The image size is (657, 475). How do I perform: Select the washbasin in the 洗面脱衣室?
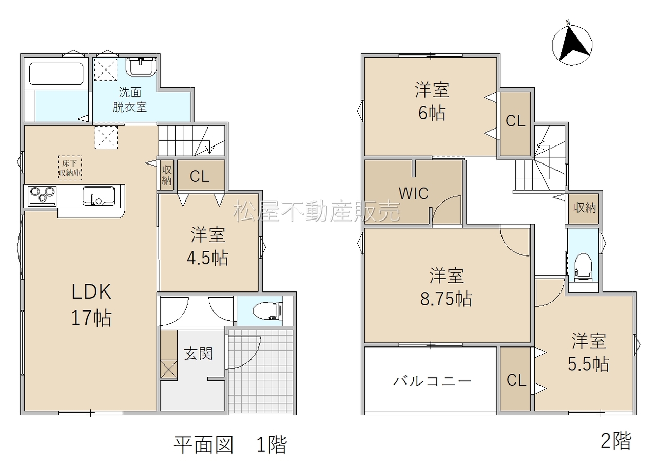(141, 66)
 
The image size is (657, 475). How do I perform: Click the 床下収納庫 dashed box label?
(70, 168)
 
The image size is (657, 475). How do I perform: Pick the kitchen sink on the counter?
(99, 195)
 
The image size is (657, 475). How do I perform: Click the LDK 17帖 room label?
(91, 305)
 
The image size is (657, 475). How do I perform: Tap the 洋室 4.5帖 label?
(208, 246)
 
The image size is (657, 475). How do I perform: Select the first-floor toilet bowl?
(266, 311)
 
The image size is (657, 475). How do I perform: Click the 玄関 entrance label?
(198, 354)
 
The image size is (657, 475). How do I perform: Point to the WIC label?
(414, 193)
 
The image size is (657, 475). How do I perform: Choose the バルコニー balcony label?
(432, 381)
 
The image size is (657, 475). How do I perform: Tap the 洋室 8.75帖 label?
(447, 287)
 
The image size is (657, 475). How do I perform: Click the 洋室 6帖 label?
(432, 101)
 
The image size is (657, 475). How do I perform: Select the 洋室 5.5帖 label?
(589, 352)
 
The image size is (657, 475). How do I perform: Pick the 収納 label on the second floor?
(585, 208)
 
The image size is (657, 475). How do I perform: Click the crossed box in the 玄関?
(169, 369)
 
